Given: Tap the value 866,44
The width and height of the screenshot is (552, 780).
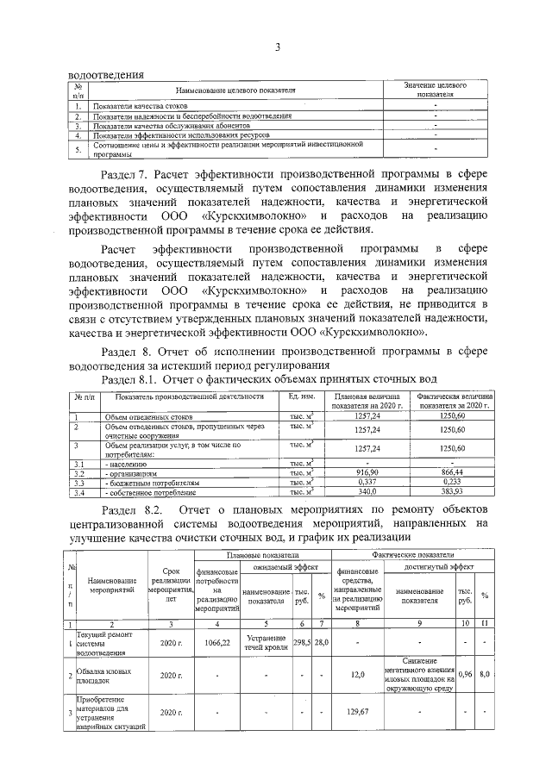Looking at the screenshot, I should click(x=452, y=473).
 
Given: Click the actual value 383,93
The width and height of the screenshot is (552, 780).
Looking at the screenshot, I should click(x=452, y=492).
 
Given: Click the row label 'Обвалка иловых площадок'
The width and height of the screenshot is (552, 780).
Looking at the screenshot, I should click(x=103, y=675).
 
